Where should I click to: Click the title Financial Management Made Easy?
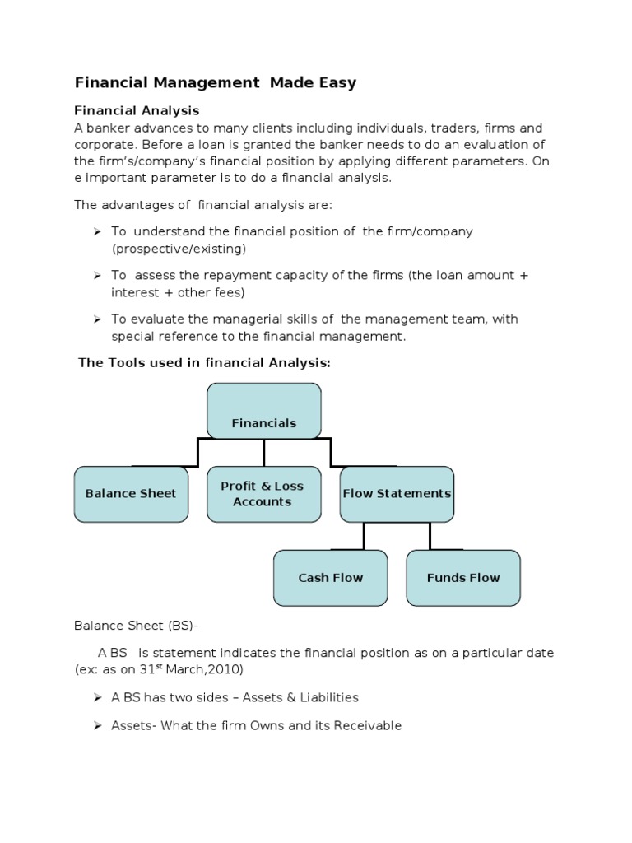pos(216,82)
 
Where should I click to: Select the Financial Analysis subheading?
pos(137,110)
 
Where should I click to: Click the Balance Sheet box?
pos(131,494)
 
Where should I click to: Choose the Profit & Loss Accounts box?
pos(263,494)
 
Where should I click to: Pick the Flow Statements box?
pos(397,494)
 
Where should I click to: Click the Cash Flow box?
pos(330,578)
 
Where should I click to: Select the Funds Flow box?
pos(463,578)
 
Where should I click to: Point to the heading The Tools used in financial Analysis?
pos(204,363)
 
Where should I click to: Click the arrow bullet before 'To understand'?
pos(96,232)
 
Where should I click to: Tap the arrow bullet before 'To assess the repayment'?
pos(96,276)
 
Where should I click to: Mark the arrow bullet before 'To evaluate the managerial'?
pos(96,319)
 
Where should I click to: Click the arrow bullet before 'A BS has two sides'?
pos(96,698)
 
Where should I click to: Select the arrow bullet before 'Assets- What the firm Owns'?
pos(96,726)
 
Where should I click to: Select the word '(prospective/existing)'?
pos(179,248)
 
